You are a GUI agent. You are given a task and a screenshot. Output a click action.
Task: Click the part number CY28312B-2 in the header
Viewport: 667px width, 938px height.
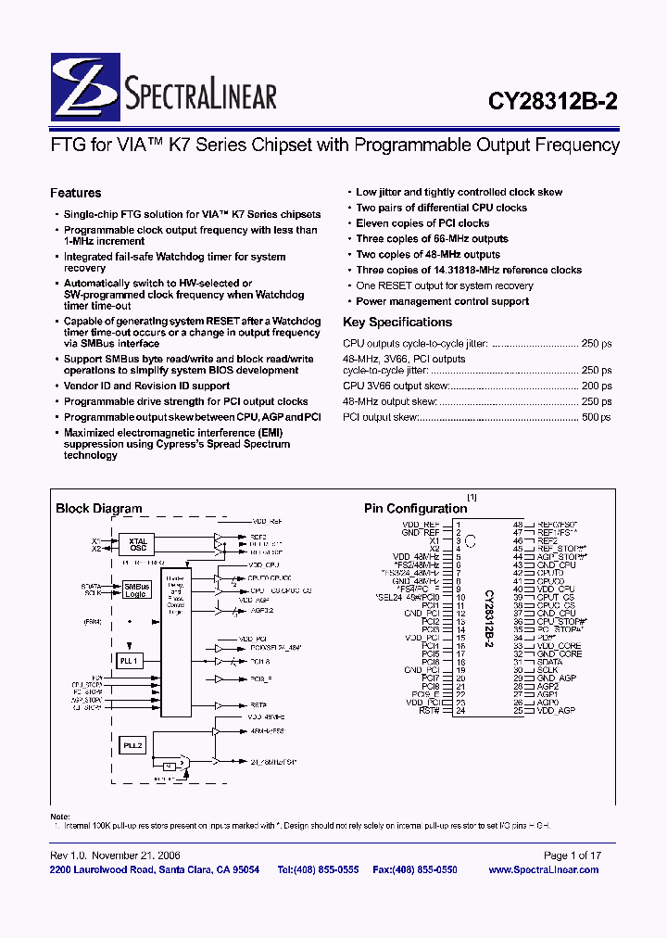551,104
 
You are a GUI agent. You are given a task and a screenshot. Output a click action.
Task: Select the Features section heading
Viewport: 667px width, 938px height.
75,194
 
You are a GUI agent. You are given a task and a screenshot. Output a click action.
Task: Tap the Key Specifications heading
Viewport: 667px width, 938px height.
397,323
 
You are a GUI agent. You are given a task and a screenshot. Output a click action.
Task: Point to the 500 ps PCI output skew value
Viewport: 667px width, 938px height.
596,418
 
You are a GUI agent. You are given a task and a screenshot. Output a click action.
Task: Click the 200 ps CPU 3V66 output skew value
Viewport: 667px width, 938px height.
596,387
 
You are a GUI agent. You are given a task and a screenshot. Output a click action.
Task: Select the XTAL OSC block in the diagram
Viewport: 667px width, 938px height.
138,544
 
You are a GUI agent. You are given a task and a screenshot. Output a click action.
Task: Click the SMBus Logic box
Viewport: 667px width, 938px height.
137,589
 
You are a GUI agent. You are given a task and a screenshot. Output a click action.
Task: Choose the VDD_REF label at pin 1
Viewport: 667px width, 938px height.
421,524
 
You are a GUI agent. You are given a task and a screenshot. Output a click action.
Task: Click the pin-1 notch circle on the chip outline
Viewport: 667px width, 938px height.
471,540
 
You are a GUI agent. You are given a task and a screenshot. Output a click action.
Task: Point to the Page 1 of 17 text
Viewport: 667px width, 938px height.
572,856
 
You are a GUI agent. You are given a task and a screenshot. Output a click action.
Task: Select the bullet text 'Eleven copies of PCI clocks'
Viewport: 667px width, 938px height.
422,223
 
